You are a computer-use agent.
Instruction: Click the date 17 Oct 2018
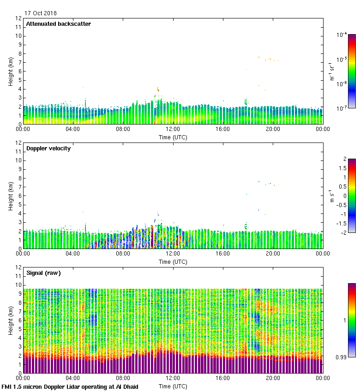[41, 13]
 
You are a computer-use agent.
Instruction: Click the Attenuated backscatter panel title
[58, 24]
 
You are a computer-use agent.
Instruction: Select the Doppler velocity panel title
[48, 148]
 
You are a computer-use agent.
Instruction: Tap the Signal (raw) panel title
[43, 273]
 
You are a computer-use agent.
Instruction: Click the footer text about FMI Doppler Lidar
[70, 387]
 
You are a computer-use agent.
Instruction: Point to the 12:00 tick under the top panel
[173, 130]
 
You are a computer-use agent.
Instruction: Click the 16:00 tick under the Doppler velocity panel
[223, 254]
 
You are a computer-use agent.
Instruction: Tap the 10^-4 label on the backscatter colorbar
[342, 35]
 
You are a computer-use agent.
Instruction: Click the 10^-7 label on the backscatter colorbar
[342, 108]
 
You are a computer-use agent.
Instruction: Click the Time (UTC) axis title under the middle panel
[173, 261]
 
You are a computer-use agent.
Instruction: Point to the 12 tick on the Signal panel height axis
[18, 267]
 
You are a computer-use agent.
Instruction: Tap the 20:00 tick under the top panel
[273, 130]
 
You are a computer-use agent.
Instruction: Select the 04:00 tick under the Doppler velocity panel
[73, 254]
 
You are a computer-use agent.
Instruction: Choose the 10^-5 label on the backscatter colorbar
[342, 59]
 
